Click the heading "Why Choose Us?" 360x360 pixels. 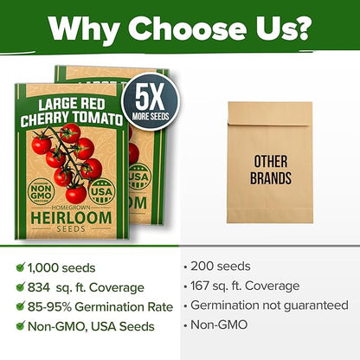[x=180, y=29]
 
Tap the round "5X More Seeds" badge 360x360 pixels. [x=151, y=100]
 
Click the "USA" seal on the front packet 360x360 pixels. [x=101, y=190]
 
